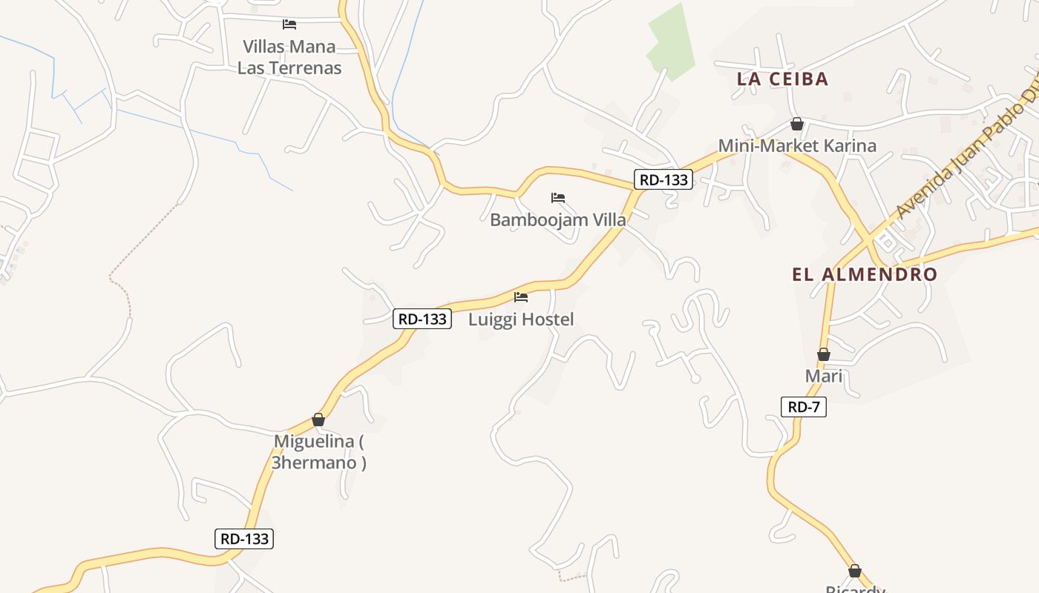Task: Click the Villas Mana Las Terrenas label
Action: (x=289, y=57)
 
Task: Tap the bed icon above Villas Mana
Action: (x=289, y=24)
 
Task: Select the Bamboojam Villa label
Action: (x=557, y=219)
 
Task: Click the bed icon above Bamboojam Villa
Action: (x=558, y=198)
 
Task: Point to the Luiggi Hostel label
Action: (x=521, y=319)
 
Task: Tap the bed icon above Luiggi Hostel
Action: (x=521, y=297)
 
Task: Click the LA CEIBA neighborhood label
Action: (x=782, y=79)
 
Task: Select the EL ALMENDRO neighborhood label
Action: (x=865, y=274)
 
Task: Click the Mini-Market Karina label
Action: (x=797, y=145)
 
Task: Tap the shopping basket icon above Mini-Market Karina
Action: (x=796, y=124)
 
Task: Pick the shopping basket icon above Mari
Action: (x=823, y=355)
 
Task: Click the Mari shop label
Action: (x=824, y=376)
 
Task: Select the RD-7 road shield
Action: (x=803, y=406)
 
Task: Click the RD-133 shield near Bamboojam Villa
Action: (x=663, y=179)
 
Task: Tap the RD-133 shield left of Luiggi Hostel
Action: (x=422, y=319)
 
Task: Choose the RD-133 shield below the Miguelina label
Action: (x=244, y=539)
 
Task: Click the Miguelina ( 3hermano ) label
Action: (x=318, y=451)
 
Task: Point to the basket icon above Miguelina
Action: (x=318, y=420)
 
